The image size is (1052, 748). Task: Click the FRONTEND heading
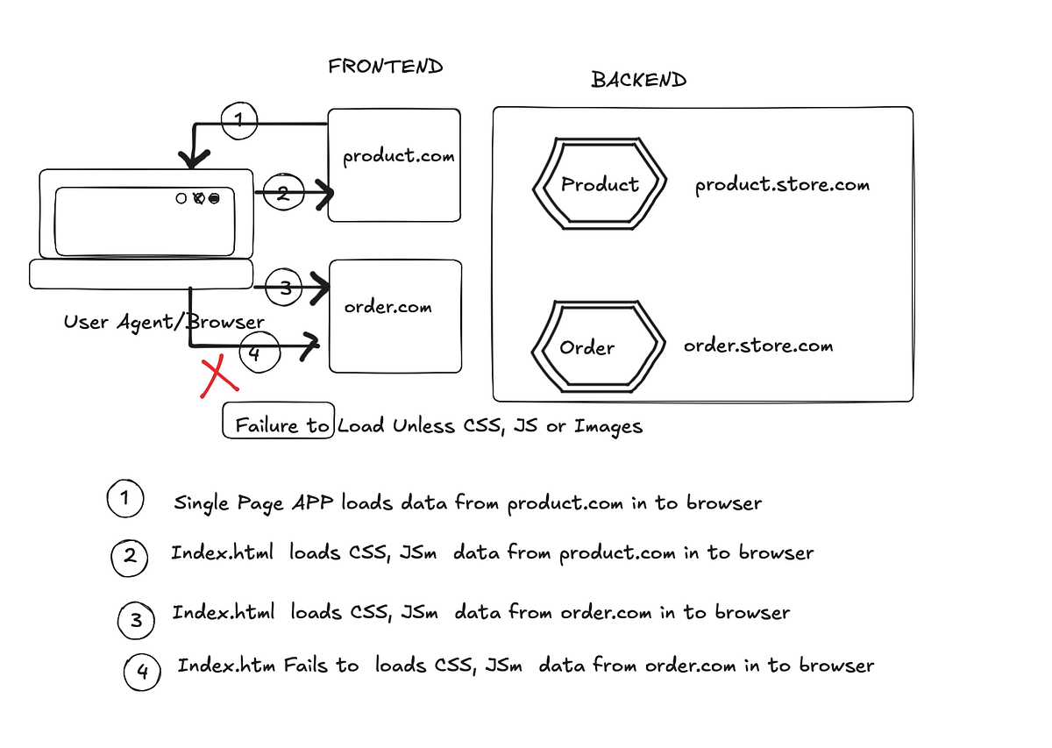[x=386, y=67]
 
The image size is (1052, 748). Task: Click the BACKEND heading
[x=639, y=80]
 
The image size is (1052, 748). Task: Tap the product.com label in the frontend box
[x=399, y=156]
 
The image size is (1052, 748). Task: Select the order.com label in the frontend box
[x=387, y=307]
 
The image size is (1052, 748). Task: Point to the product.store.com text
[x=782, y=185]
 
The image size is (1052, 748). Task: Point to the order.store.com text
[x=758, y=346]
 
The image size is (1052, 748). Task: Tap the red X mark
[x=219, y=376]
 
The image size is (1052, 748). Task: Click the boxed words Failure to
[x=281, y=425]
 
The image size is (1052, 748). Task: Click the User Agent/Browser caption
[x=164, y=323]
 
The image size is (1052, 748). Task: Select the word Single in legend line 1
[x=202, y=503]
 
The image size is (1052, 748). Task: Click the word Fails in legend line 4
[x=306, y=666]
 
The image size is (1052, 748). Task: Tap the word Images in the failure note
[x=608, y=427]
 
